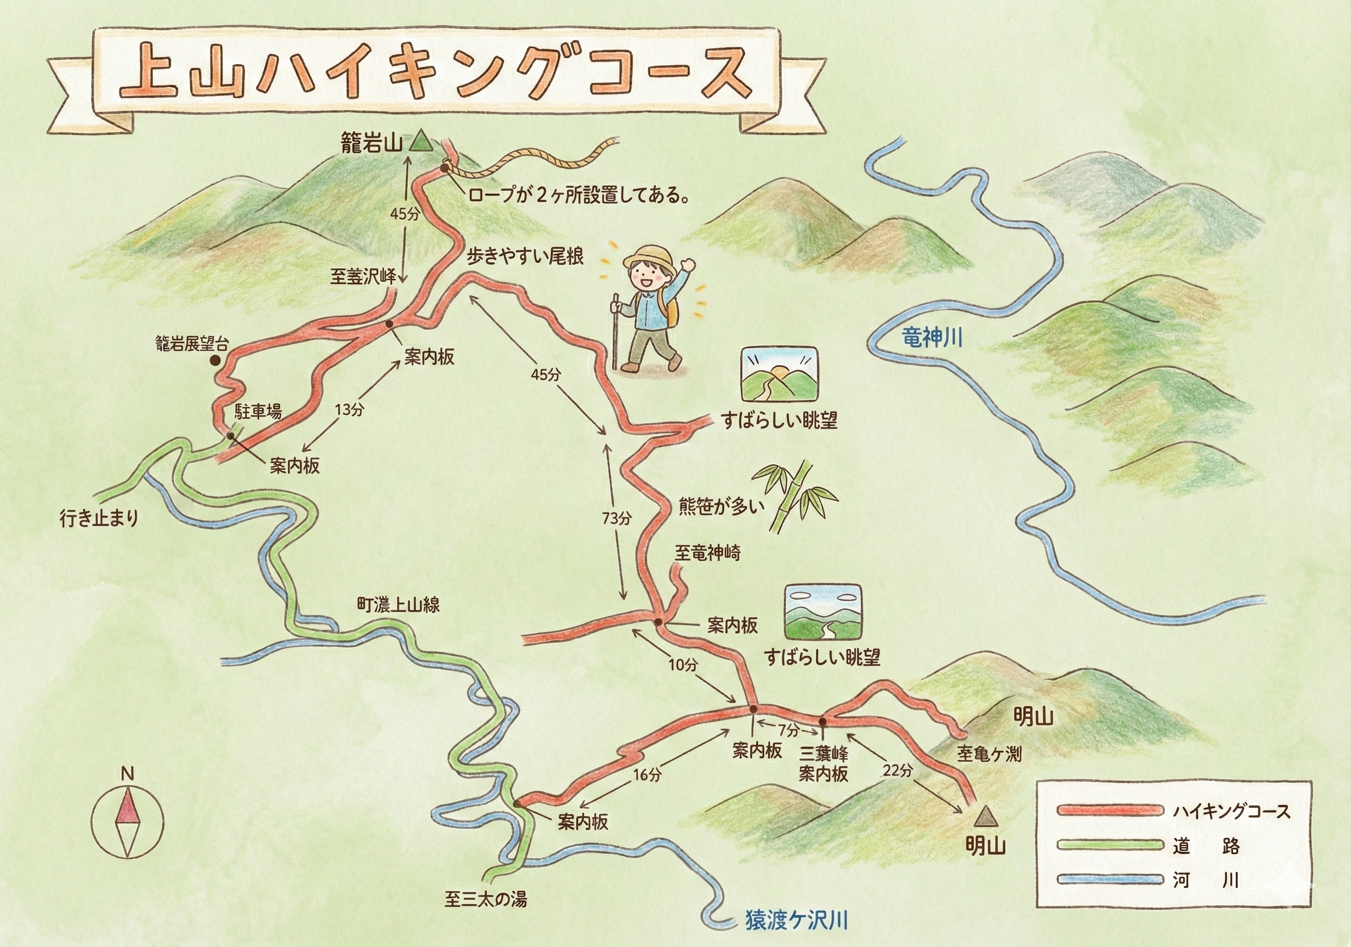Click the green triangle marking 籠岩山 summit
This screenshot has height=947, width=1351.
click(421, 142)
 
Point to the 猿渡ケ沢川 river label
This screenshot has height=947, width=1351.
click(797, 921)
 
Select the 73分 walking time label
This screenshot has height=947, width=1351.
click(616, 518)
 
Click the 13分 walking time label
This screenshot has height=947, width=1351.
click(349, 410)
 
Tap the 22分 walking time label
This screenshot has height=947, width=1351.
click(898, 771)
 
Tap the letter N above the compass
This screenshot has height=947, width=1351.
click(127, 774)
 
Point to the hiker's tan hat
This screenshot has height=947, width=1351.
click(649, 258)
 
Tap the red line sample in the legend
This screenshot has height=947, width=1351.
click(1110, 811)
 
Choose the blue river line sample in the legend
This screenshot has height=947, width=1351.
click(1110, 881)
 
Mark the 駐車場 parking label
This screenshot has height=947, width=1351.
click(258, 411)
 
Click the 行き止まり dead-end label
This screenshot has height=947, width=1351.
click(99, 518)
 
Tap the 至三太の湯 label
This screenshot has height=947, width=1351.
click(485, 899)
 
